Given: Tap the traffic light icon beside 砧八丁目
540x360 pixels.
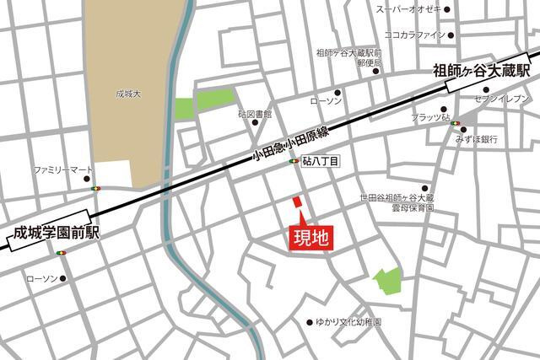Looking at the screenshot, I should point(294,161).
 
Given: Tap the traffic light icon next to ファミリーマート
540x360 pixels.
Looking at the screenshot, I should point(96,189).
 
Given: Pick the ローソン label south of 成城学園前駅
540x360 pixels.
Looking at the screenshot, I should point(41,277).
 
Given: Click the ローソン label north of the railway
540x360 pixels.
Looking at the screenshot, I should point(326,101).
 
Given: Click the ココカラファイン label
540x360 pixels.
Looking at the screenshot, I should point(413,35).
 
